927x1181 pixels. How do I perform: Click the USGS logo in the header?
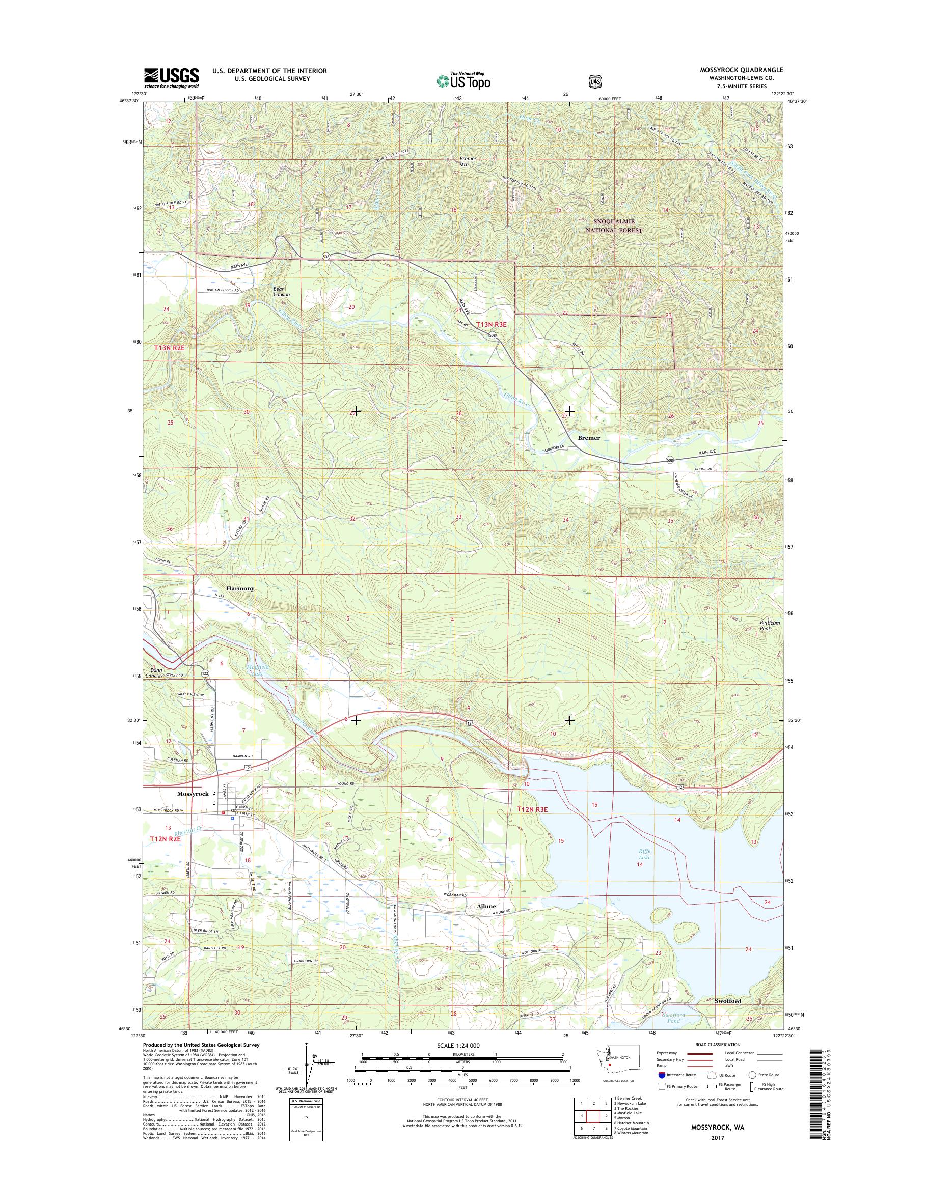pos(171,77)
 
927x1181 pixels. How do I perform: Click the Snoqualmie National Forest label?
pos(611,225)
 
